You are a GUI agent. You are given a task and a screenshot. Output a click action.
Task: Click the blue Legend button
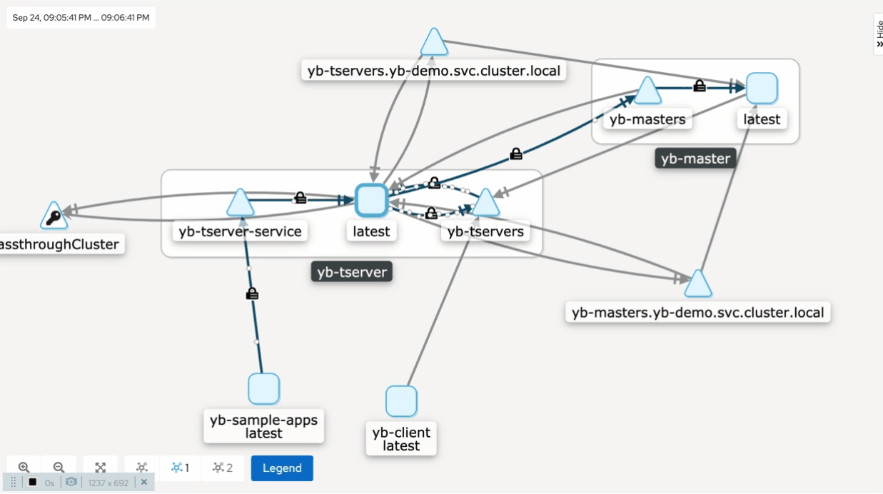282,468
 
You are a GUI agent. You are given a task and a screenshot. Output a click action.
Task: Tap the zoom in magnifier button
24,468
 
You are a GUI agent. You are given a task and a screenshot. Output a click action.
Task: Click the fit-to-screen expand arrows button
100,468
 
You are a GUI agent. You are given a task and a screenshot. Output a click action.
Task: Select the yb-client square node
401,401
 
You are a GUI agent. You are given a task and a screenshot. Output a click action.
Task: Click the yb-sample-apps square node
263,389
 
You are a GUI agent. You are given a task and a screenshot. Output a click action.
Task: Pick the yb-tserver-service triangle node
240,203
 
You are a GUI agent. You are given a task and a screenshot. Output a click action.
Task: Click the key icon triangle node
54,216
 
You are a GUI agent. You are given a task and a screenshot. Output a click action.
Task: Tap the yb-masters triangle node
647,91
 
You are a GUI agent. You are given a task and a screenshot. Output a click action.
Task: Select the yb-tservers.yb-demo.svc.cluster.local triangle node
434,43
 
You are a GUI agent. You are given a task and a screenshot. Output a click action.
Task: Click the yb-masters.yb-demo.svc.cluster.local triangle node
697,285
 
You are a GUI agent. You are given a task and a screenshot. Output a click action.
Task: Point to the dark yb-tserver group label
352,272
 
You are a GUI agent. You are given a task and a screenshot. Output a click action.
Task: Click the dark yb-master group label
695,158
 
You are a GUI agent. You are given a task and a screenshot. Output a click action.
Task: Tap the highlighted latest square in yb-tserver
371,200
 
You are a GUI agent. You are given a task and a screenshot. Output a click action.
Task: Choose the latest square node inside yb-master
762,88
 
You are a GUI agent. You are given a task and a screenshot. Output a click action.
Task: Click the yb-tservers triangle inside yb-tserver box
485,203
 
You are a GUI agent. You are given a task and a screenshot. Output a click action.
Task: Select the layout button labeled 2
223,468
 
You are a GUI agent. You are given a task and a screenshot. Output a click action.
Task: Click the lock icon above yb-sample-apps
251,293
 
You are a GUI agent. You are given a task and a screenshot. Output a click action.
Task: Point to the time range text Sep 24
81,18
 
